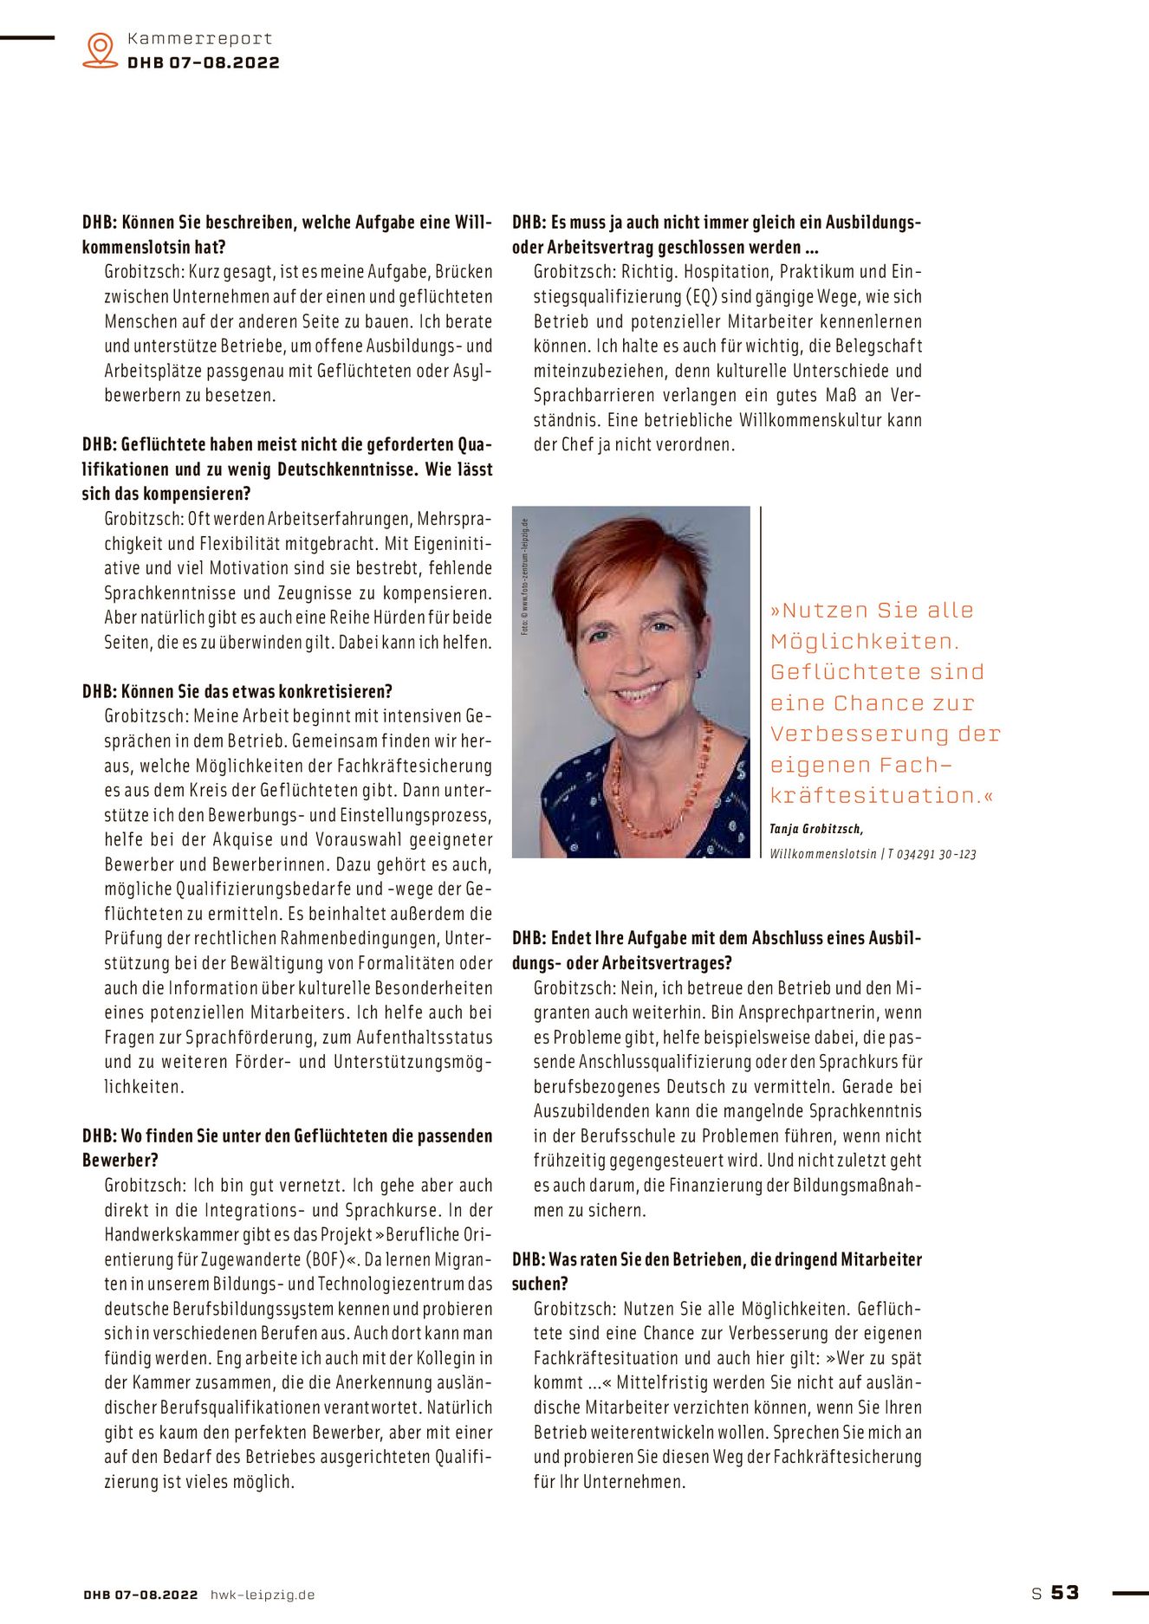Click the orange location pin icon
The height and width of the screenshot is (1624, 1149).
[x=101, y=49]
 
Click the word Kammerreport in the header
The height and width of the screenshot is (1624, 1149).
[x=199, y=38]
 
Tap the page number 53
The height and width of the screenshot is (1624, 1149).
[x=1065, y=1592]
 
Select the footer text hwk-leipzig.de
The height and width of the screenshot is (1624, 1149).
[x=263, y=1595]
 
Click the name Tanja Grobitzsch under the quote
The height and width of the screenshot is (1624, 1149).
[x=815, y=829]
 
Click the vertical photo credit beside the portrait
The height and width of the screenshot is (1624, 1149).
[x=524, y=576]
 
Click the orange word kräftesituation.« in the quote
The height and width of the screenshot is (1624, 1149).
[x=881, y=796]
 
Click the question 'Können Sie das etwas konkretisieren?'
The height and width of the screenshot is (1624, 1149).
[x=237, y=692]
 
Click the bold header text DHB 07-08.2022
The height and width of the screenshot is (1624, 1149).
[x=204, y=62]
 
